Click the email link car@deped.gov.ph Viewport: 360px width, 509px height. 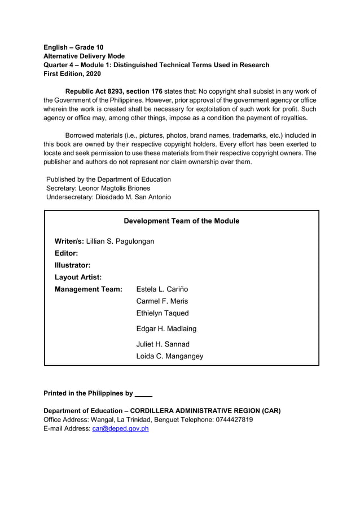click(x=120, y=429)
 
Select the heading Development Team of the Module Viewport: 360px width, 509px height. click(x=181, y=221)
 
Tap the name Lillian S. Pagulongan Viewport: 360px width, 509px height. click(x=120, y=242)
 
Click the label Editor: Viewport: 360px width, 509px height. click(x=66, y=253)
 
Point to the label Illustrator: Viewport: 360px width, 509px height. click(x=73, y=265)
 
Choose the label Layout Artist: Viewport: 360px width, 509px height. click(x=78, y=277)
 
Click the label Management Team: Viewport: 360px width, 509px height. click(x=89, y=289)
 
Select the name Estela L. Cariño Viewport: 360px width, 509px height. click(x=162, y=289)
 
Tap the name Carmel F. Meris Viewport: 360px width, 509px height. click(x=162, y=301)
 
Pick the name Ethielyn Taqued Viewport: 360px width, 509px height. click(x=163, y=313)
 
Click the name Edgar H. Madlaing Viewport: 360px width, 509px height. click(x=166, y=328)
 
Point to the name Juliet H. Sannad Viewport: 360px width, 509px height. click(x=163, y=344)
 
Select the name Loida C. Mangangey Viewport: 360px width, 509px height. click(x=170, y=356)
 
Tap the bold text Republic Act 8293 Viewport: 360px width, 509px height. click(x=94, y=91)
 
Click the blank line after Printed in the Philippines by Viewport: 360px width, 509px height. click(x=144, y=394)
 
